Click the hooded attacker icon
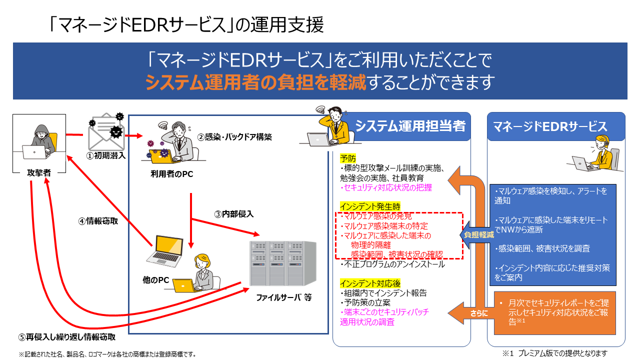point(39,141)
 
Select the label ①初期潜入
point(106,156)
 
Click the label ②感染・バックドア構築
point(234,136)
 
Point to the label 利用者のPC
point(171,174)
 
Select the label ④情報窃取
point(98,220)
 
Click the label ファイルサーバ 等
point(284,297)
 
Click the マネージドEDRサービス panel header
point(556,126)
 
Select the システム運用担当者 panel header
point(410,126)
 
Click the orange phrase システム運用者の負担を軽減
point(255,81)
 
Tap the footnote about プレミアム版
point(554,353)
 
